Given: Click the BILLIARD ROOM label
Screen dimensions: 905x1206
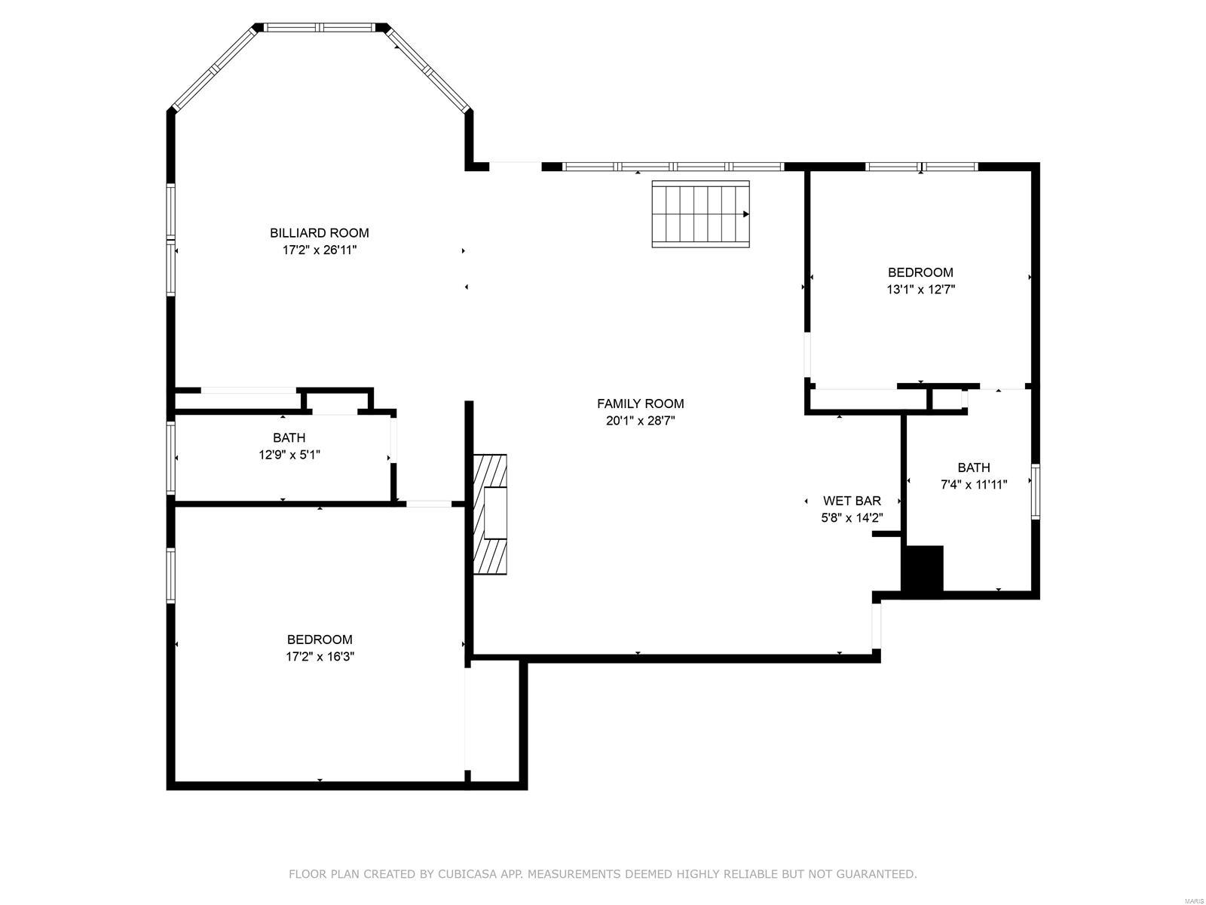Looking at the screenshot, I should pos(320,233).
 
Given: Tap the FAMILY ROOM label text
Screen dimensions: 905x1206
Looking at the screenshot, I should pos(640,403).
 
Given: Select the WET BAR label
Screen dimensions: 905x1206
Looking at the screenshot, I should pos(852,501).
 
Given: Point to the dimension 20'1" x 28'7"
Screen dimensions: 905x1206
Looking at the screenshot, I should pos(640,421).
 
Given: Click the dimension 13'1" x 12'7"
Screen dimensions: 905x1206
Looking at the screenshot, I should pos(920,289).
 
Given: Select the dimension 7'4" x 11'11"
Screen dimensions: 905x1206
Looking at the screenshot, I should pos(974,484).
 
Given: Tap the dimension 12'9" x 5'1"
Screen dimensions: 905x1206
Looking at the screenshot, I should pos(289,454).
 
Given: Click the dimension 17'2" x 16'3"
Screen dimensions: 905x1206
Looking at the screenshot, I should pos(320,656).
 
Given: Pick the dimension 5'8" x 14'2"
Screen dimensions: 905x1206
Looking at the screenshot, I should pos(852,517).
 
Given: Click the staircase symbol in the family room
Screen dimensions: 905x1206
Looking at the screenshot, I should pos(700,214).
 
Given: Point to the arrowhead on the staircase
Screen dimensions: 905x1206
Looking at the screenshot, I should pos(746,214).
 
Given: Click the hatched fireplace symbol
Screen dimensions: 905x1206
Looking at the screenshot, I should pos(490,514).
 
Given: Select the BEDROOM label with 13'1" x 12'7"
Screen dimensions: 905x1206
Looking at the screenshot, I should pos(920,272).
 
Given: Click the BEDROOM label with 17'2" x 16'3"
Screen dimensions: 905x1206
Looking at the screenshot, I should pos(320,640).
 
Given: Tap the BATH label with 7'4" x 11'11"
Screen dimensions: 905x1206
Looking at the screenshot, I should pos(974,468).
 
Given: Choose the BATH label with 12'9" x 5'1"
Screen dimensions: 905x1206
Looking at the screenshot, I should pos(289,437).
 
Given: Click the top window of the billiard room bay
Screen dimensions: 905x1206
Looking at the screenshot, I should pos(320,27).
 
